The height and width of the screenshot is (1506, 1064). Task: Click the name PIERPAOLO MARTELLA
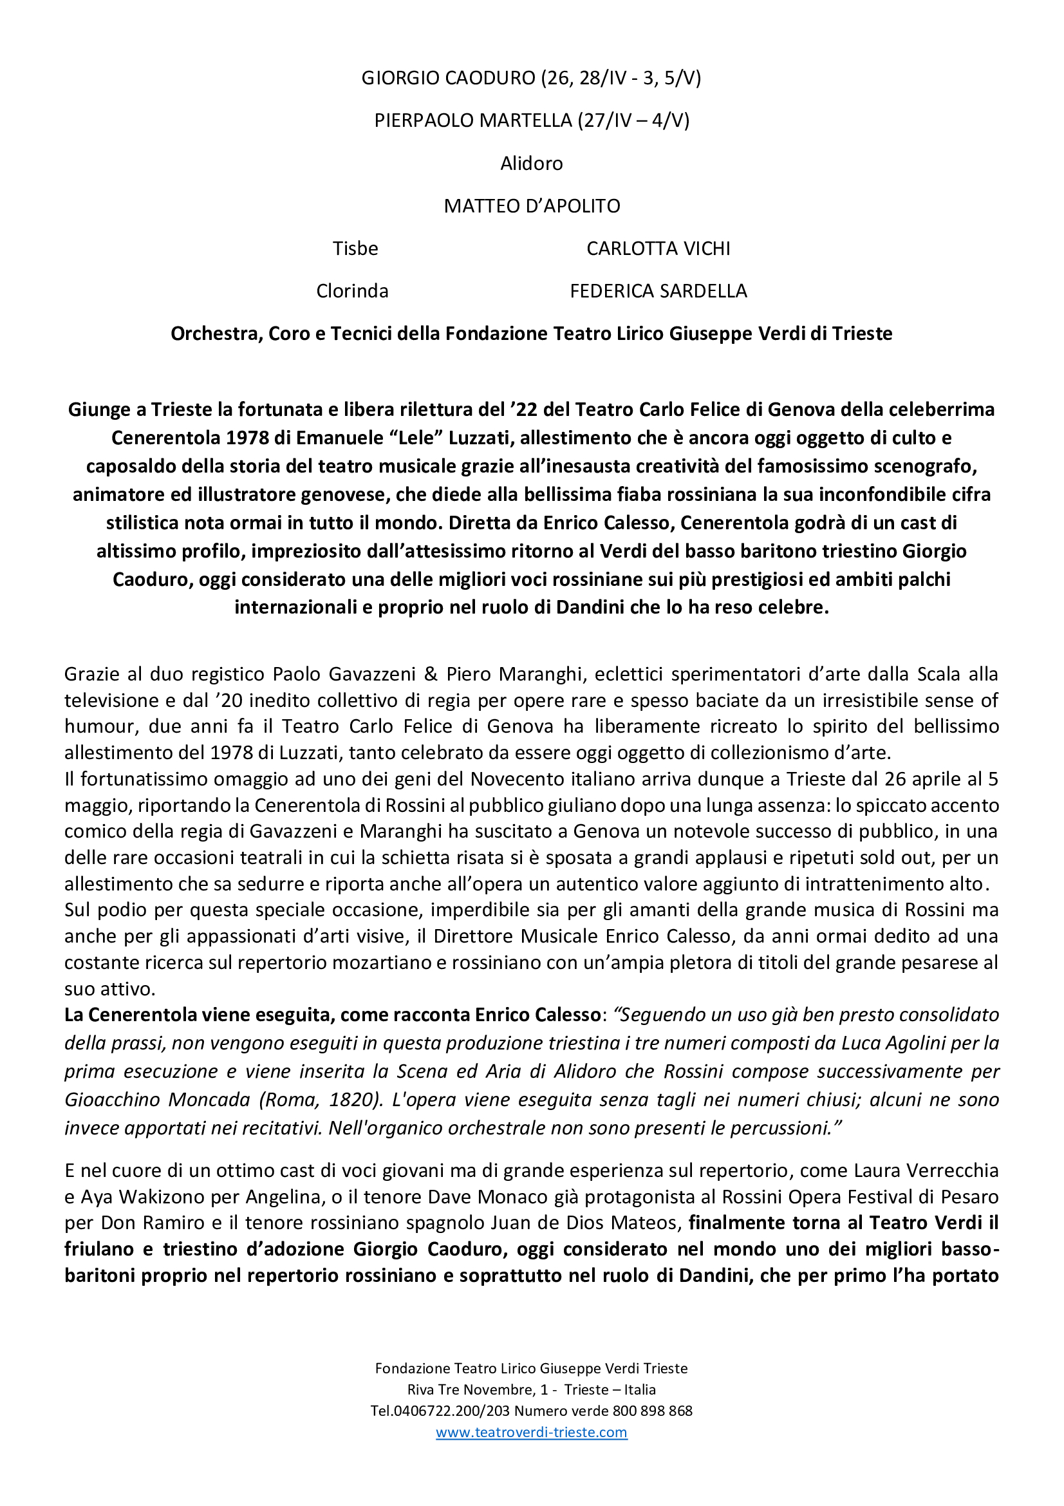tap(472, 120)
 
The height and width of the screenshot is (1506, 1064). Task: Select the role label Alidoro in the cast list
tap(531, 164)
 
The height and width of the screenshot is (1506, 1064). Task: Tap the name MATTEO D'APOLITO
tap(532, 206)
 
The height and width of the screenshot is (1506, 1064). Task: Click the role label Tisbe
tap(355, 249)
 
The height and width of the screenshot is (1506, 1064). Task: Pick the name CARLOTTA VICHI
tap(658, 249)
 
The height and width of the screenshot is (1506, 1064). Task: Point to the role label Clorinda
tap(352, 291)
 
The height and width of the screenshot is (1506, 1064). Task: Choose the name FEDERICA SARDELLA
tap(658, 291)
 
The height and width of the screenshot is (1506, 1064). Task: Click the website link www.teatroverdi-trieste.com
tap(531, 1432)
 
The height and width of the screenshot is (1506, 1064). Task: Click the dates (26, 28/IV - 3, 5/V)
tap(621, 78)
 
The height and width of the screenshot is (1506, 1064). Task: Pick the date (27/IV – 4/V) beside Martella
tap(633, 120)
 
